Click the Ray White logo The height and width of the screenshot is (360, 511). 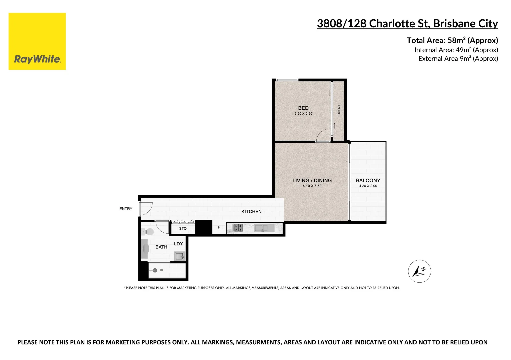tap(37, 42)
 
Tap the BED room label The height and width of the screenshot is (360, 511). tap(303, 108)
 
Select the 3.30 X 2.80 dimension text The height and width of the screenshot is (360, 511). tap(303, 114)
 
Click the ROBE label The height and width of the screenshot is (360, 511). tap(339, 110)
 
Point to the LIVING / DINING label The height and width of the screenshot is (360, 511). tap(312, 180)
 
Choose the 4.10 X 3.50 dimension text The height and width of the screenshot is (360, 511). tap(312, 186)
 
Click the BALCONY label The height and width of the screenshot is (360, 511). tap(368, 180)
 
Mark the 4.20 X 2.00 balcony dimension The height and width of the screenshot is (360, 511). tap(368, 186)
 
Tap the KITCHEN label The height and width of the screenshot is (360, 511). tap(251, 212)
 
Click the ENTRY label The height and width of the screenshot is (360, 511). tap(126, 209)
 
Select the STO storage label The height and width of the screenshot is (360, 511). tap(183, 229)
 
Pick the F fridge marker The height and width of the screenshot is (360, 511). tap(219, 227)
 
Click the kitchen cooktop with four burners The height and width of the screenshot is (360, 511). tap(238, 228)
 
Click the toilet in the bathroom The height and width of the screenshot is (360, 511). tap(148, 232)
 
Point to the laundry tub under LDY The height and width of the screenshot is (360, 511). tap(179, 256)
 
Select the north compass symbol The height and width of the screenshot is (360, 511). tap(419, 271)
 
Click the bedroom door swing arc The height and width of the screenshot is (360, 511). tap(322, 136)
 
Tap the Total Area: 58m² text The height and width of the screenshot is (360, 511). tap(452, 40)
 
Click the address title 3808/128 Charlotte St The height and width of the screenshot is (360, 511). tap(407, 24)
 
